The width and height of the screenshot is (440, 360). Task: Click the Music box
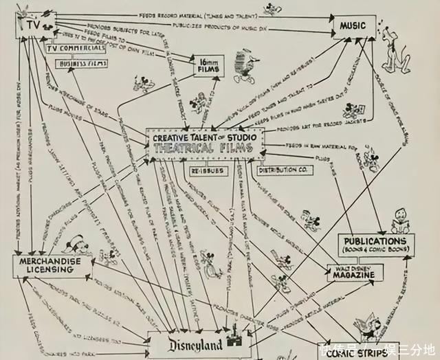click(x=354, y=27)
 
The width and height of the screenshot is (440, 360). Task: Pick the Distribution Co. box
click(x=280, y=169)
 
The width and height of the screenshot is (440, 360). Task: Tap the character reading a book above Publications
click(x=402, y=221)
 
